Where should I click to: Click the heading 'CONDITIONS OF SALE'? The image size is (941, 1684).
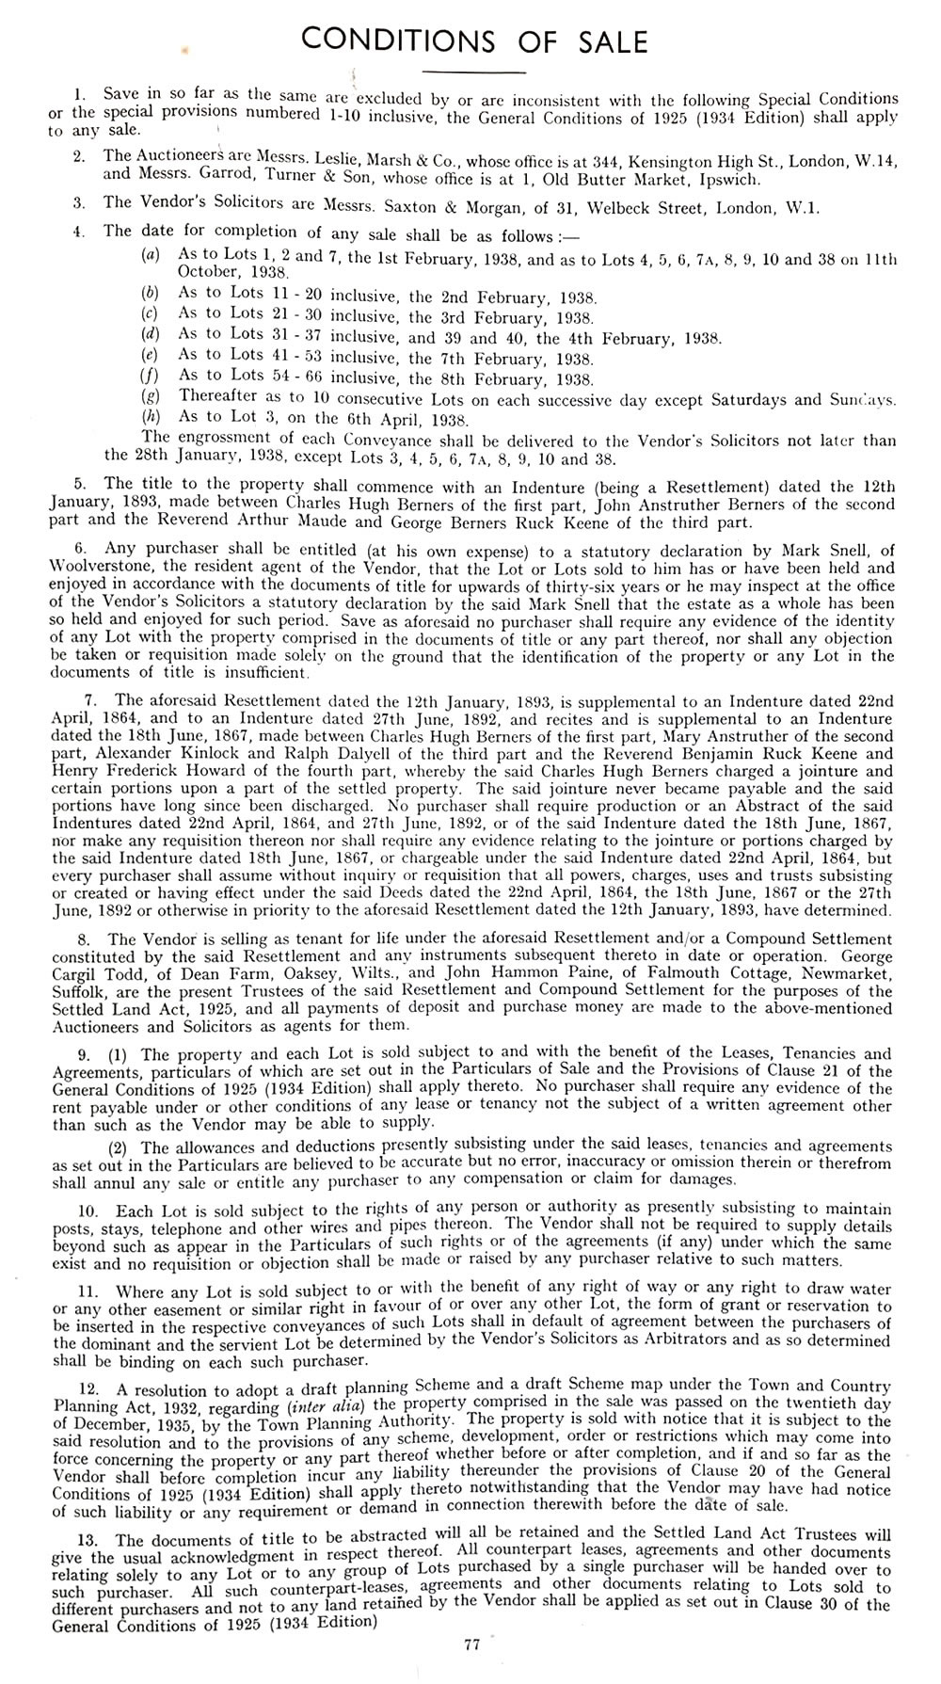[x=473, y=41]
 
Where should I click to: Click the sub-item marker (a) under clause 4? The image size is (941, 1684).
[x=148, y=255]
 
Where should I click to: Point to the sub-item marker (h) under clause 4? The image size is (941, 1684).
[x=148, y=419]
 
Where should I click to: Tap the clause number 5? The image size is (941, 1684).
[x=80, y=483]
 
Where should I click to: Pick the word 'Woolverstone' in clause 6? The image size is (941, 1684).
[x=92, y=569]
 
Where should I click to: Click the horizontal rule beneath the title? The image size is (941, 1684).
[x=473, y=72]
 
